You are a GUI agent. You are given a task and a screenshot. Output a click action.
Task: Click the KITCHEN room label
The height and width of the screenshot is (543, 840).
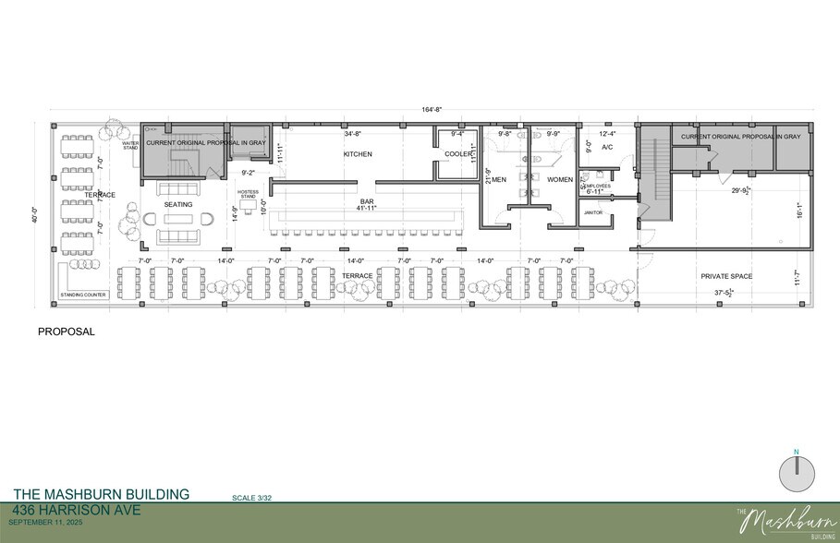point(358,154)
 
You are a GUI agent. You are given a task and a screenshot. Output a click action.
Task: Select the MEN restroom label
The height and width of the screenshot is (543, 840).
point(499,179)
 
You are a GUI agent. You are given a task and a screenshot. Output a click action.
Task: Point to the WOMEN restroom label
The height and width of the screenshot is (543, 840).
point(560,179)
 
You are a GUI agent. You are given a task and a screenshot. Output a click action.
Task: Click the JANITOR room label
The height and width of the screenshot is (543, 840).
point(593,212)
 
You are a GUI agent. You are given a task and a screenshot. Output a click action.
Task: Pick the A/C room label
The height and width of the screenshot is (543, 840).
point(607,147)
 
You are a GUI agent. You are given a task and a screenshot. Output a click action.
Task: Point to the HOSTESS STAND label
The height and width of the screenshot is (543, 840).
point(247,195)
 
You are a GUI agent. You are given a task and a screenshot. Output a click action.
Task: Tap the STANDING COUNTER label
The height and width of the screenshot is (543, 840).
point(84,295)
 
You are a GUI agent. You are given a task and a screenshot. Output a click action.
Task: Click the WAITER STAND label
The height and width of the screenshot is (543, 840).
point(130,145)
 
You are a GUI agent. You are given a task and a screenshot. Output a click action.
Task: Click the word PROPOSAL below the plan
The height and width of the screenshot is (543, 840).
point(67,331)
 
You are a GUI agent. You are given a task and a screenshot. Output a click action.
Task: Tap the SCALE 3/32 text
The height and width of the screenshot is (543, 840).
point(251,499)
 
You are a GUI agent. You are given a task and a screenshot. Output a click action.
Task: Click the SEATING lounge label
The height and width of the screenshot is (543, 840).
point(177,204)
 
